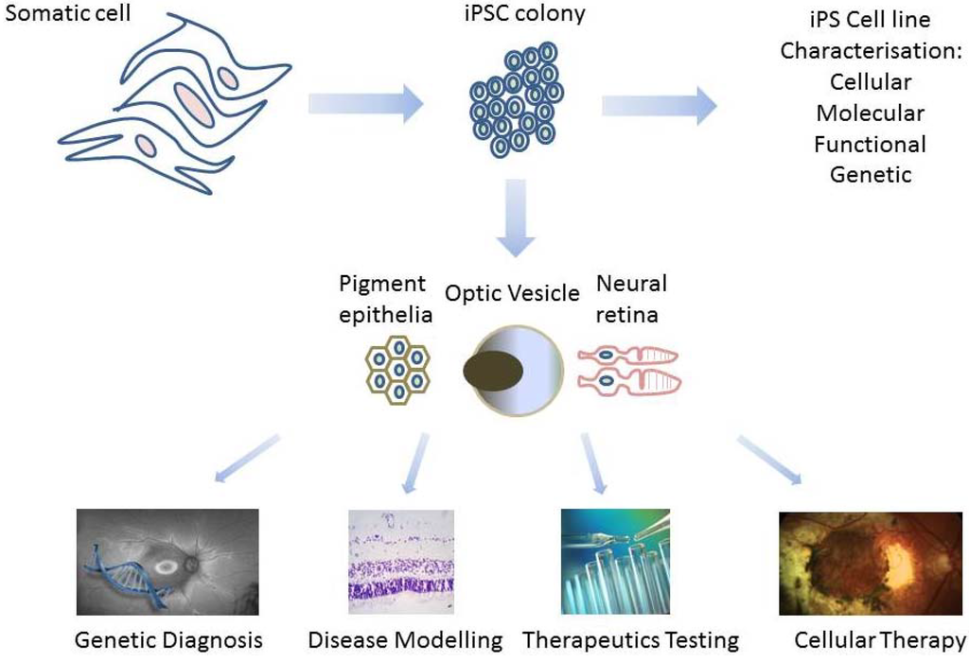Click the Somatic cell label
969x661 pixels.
62,15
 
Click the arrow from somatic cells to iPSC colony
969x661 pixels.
365,102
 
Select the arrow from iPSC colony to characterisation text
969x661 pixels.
659,103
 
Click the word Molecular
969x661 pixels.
871,113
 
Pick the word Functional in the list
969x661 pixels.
871,144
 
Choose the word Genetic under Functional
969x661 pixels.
871,174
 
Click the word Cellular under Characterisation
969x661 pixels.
871,82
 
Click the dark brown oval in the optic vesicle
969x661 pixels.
494,369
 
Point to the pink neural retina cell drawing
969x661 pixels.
628,369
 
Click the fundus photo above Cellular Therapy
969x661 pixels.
869,563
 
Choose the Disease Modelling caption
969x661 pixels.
406,640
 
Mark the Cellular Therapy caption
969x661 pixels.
879,640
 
